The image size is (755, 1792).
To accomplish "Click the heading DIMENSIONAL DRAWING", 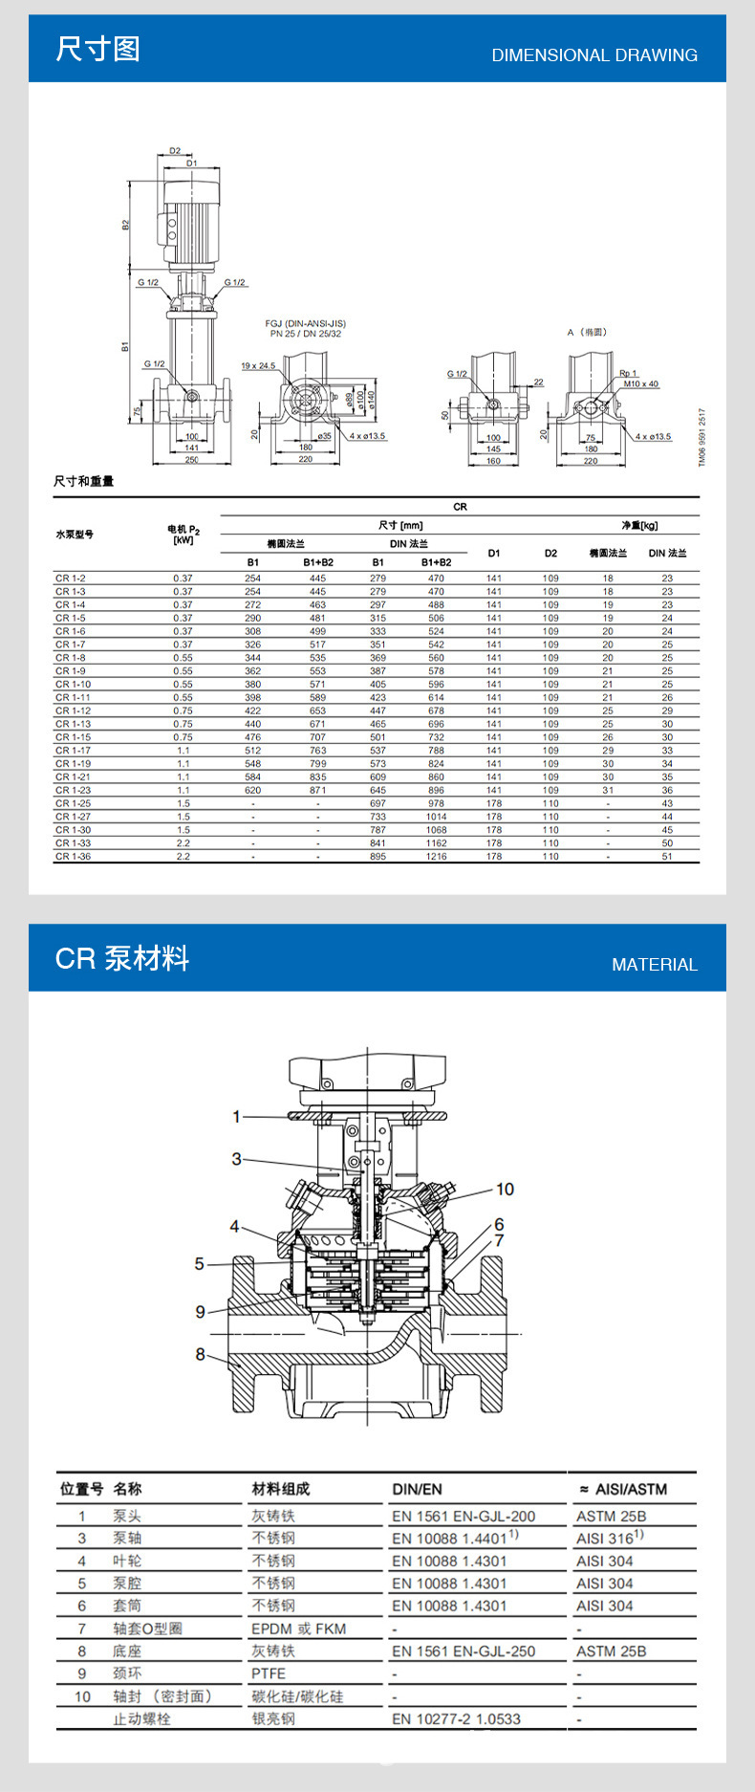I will (x=593, y=55).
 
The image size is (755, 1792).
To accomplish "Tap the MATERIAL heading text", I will (x=654, y=965).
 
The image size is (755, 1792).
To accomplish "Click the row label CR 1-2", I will (x=70, y=579).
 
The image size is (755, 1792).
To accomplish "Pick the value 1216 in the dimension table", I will (x=436, y=857).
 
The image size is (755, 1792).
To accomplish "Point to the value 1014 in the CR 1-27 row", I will (x=436, y=818).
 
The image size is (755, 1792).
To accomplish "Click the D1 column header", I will (x=493, y=553).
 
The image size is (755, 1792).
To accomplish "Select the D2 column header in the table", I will (x=550, y=553).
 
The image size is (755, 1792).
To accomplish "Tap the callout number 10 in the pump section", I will (x=505, y=1189).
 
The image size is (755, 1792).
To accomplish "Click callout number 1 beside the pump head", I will (x=237, y=1116).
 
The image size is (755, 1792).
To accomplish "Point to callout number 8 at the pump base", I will (x=201, y=1354).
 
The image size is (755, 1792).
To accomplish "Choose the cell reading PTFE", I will (x=269, y=1673).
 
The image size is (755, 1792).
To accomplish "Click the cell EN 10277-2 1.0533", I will (x=456, y=1718).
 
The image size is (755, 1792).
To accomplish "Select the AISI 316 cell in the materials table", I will (x=608, y=1539).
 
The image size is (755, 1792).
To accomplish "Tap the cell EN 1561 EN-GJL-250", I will (x=463, y=1651).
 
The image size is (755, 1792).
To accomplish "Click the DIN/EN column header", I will (x=417, y=1489).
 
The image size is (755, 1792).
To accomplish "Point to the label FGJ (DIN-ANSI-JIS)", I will (x=305, y=324).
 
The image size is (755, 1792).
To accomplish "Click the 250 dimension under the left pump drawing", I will (x=191, y=461).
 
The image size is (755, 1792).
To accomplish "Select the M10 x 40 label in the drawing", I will (x=640, y=384).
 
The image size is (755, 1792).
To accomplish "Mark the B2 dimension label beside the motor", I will (x=125, y=224).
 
